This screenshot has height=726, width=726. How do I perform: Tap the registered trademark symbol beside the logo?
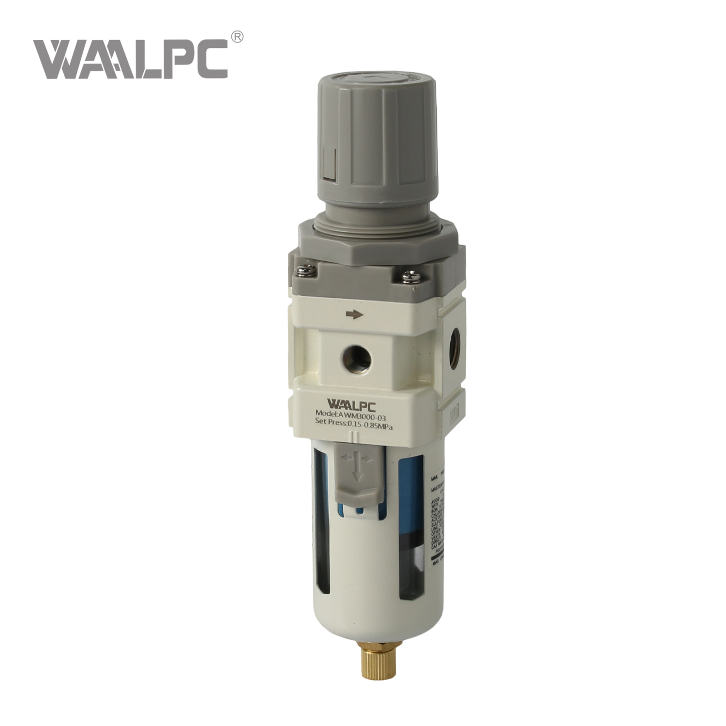click(237, 37)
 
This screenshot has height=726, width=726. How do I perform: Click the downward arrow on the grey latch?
click(357, 472)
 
